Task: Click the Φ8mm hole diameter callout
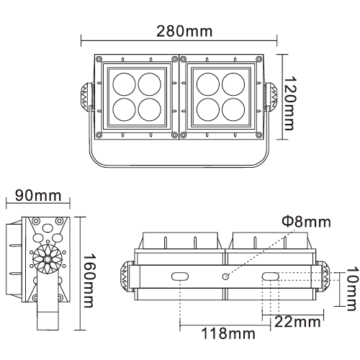point(307,222)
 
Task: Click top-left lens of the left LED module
point(123,83)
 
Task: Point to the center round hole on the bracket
point(225,277)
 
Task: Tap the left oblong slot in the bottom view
point(179,277)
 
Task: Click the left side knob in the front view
point(85,96)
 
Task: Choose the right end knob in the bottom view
point(326,277)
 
